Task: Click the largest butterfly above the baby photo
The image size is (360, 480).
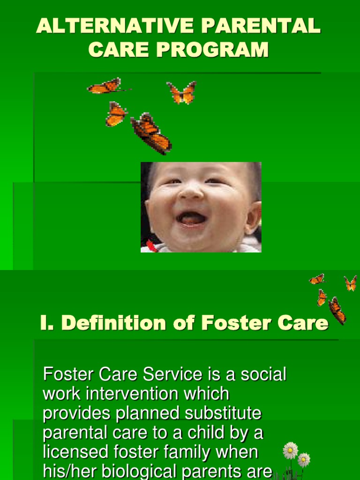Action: tap(151, 133)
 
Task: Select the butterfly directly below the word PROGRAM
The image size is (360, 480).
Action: tap(182, 92)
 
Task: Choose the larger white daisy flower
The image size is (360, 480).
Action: tap(291, 450)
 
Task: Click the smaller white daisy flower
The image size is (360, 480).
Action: tap(304, 459)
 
